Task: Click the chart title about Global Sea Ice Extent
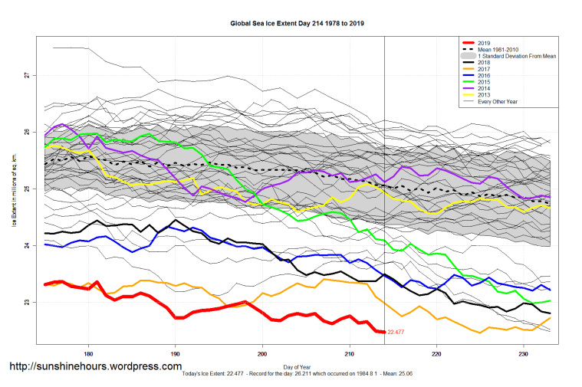click(x=297, y=24)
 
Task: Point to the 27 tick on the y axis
click(x=26, y=75)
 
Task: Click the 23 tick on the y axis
click(x=26, y=302)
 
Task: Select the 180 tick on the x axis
click(x=89, y=355)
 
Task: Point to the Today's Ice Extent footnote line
click(x=298, y=374)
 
